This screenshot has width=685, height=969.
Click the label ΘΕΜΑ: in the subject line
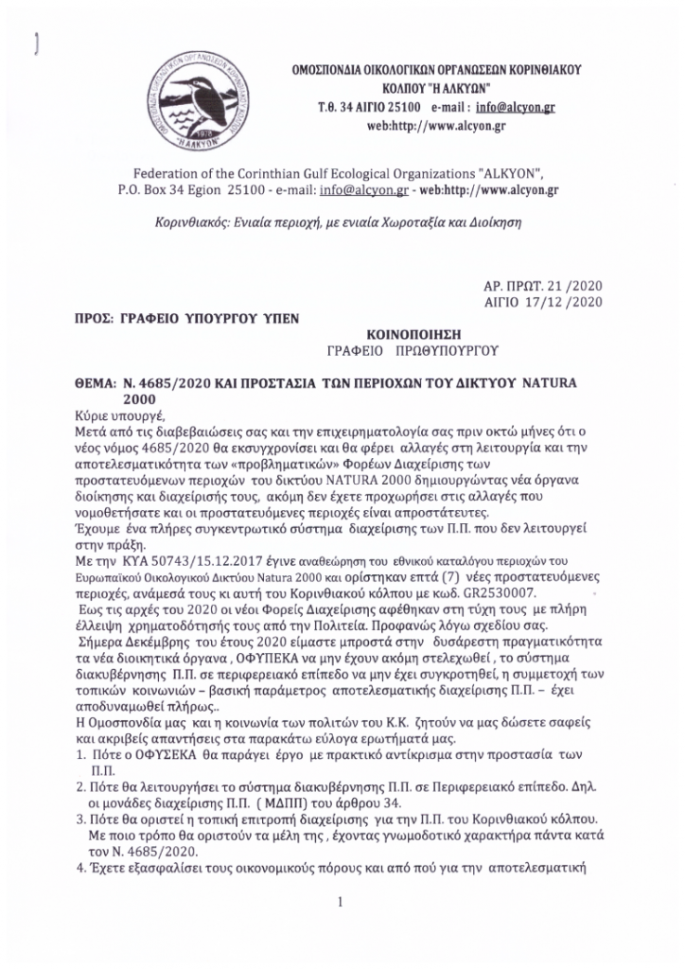(x=90, y=382)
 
